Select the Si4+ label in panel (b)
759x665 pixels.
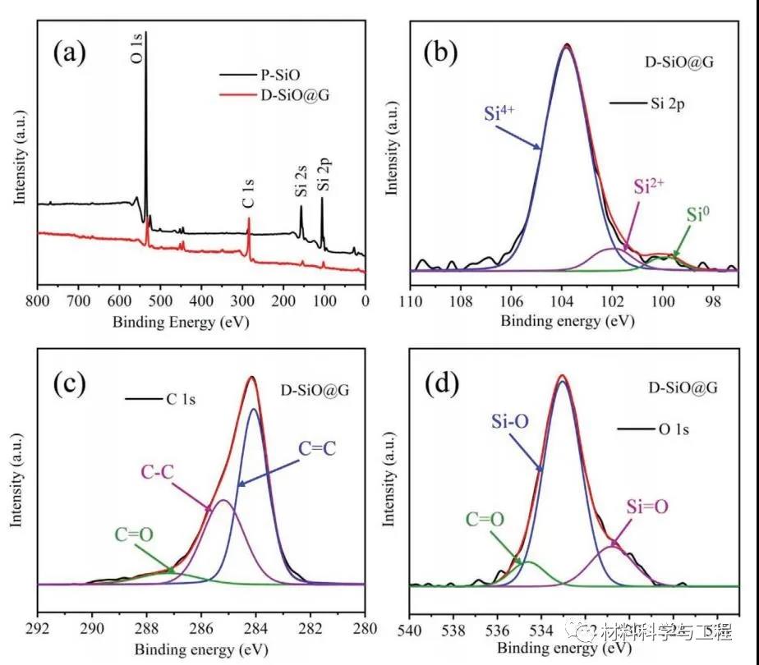[500, 113]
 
